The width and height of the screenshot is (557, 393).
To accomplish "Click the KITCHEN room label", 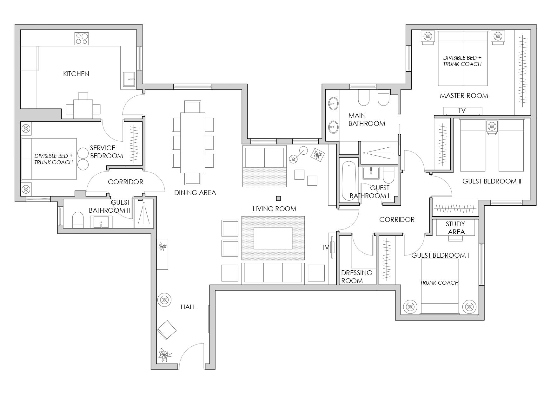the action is pyautogui.click(x=76, y=74).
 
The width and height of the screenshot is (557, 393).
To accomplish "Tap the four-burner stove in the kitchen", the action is pyautogui.click(x=82, y=39).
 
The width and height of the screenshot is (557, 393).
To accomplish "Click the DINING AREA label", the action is pyautogui.click(x=195, y=192).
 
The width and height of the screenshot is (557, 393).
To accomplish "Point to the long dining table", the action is pyautogui.click(x=193, y=143).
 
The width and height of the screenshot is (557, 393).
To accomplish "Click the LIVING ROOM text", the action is pyautogui.click(x=274, y=209).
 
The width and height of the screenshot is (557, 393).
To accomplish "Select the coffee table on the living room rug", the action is pyautogui.click(x=273, y=238).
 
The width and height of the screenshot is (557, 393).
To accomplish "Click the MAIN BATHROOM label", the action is pyautogui.click(x=367, y=119).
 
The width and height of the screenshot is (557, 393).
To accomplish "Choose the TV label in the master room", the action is pyautogui.click(x=462, y=111).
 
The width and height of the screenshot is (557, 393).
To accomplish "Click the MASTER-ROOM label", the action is pyautogui.click(x=464, y=96).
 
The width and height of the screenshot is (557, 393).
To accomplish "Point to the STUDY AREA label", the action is pyautogui.click(x=455, y=228).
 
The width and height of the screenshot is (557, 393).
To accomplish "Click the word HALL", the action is pyautogui.click(x=188, y=307).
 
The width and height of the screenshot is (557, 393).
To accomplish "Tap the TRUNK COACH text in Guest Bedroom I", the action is pyautogui.click(x=439, y=283).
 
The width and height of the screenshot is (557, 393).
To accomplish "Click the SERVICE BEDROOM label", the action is pyautogui.click(x=106, y=152).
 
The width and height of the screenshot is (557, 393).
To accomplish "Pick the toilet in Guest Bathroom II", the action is pyautogui.click(x=78, y=220).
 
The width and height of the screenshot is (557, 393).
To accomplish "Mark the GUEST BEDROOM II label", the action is pyautogui.click(x=492, y=181).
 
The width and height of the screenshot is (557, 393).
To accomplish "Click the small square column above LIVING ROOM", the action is pyautogui.click(x=278, y=198).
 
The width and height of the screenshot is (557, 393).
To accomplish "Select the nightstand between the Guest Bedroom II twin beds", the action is pyautogui.click(x=492, y=126).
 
